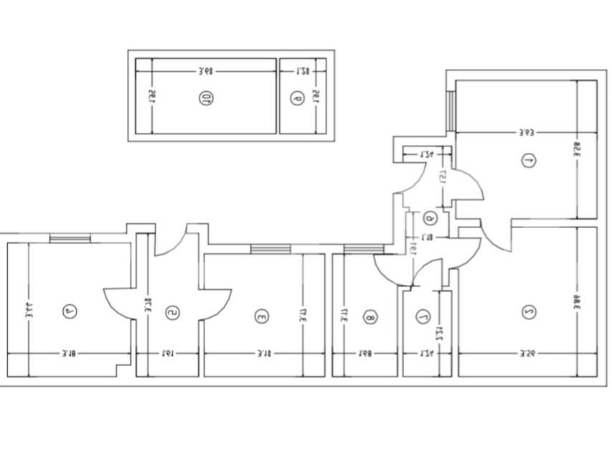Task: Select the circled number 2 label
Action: point(529,312)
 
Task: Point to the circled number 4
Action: point(70,311)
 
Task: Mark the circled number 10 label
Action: point(207,98)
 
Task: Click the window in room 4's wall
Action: point(70,238)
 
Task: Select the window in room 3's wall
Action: point(270,248)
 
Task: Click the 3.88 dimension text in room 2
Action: point(576,301)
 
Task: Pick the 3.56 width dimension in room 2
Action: point(527,353)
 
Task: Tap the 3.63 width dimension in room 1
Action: point(527,132)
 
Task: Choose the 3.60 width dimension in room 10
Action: point(206,71)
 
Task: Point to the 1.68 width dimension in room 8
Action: point(365,353)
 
